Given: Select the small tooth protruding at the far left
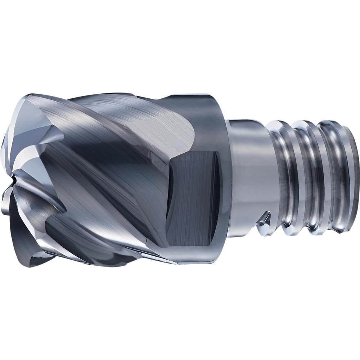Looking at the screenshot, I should click(x=4, y=205).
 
